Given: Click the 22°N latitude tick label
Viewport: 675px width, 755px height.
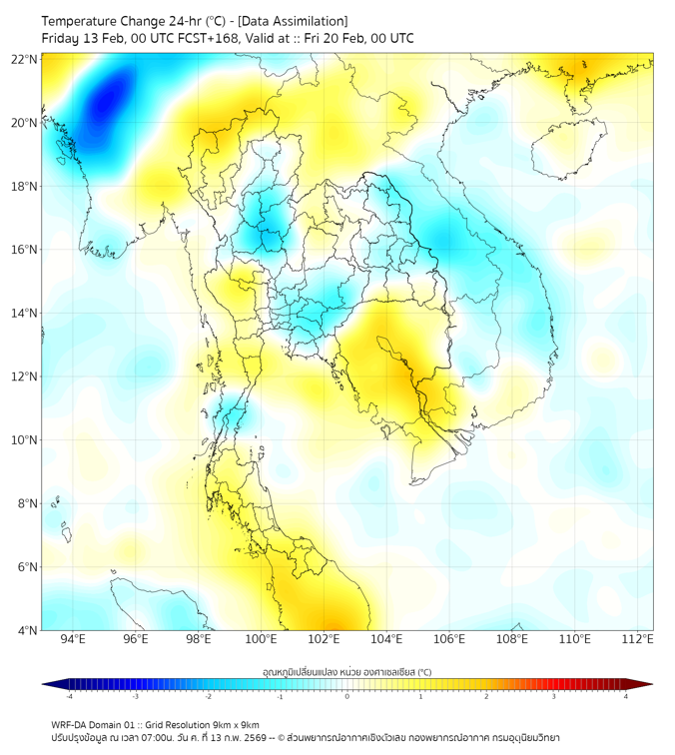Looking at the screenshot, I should pos(25,59).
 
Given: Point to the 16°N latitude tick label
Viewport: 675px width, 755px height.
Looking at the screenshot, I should pos(25,250).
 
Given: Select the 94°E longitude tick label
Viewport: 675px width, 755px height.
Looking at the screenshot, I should pos(73,639).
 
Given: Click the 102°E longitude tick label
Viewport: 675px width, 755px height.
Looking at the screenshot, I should pos(325,639).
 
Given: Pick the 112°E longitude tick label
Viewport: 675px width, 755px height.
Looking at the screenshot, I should pos(638,639).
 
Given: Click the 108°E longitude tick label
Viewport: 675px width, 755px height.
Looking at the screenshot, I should pos(512,639).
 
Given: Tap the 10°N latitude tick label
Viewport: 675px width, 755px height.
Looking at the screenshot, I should pos(25,439).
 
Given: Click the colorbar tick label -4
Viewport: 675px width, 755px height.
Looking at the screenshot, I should pos(68,697).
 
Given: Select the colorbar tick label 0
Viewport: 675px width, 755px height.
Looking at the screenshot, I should pos(347,697).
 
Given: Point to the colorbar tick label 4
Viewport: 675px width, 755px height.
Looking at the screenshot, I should pos(626,697).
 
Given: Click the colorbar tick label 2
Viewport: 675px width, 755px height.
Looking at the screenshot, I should pos(487,697).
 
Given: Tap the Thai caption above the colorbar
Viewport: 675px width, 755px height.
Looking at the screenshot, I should pos(346,672).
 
